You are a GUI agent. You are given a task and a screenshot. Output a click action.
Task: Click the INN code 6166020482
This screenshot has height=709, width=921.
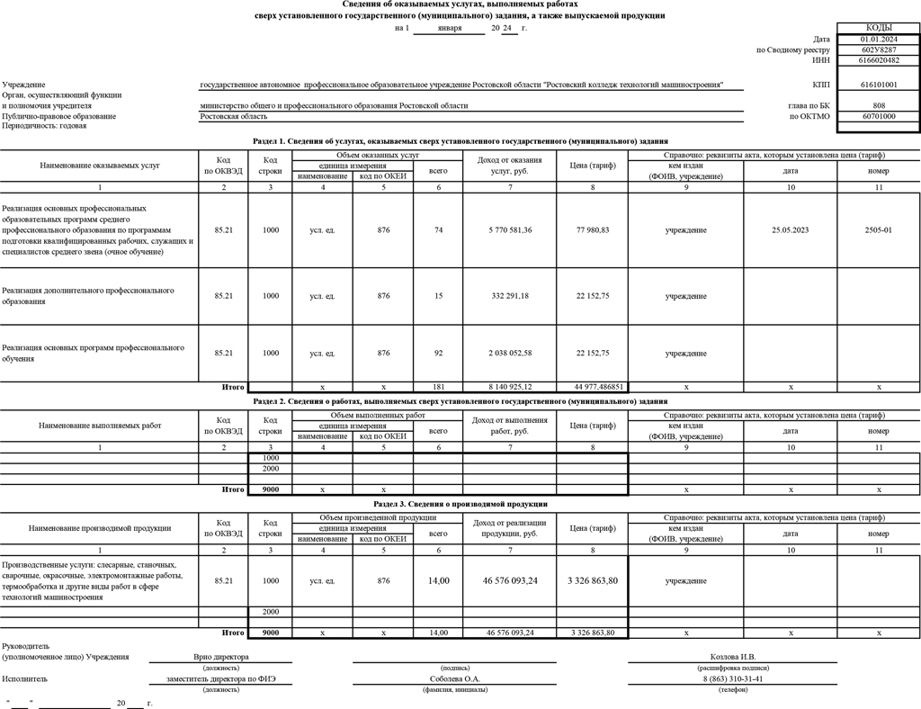pos(878,61)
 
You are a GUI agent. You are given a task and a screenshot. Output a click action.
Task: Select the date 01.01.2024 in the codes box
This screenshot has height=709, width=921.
pos(878,40)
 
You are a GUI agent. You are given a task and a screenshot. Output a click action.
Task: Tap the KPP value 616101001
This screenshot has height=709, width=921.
pos(878,85)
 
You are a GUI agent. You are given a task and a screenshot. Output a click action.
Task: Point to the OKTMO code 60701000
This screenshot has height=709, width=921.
pos(878,116)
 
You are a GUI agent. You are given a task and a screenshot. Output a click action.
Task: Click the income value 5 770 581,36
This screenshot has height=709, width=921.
pos(510,230)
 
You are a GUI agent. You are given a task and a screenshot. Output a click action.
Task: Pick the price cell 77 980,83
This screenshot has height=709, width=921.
pos(593,230)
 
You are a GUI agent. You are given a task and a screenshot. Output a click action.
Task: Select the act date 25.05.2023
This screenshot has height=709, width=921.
pos(791,230)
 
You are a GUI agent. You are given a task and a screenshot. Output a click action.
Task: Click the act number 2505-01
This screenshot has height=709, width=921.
pos(878,230)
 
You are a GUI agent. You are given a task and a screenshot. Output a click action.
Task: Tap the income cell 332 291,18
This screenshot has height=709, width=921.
pos(510,296)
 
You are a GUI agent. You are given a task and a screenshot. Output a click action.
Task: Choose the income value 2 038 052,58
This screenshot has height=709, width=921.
pos(510,354)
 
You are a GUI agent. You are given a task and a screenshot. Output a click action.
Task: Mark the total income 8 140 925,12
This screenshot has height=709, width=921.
pos(510,387)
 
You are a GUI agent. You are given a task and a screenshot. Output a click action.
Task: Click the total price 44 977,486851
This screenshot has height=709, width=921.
pos(593,387)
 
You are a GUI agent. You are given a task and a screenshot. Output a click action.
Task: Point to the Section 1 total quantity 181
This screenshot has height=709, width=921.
pos(438,387)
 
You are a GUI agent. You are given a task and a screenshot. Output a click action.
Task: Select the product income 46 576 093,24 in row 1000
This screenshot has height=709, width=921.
pos(510,581)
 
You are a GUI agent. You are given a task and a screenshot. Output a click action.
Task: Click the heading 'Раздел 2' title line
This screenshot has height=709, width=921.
pos(460,400)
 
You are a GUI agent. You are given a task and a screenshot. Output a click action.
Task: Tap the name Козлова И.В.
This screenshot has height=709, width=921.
pos(733,657)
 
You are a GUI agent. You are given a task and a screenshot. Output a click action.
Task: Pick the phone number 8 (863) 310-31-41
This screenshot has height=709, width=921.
pos(733,679)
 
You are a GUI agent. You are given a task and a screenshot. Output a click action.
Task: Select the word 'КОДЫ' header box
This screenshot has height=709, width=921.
pos(878,29)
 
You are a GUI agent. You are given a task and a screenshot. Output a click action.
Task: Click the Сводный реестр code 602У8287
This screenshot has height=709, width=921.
pos(878,50)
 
